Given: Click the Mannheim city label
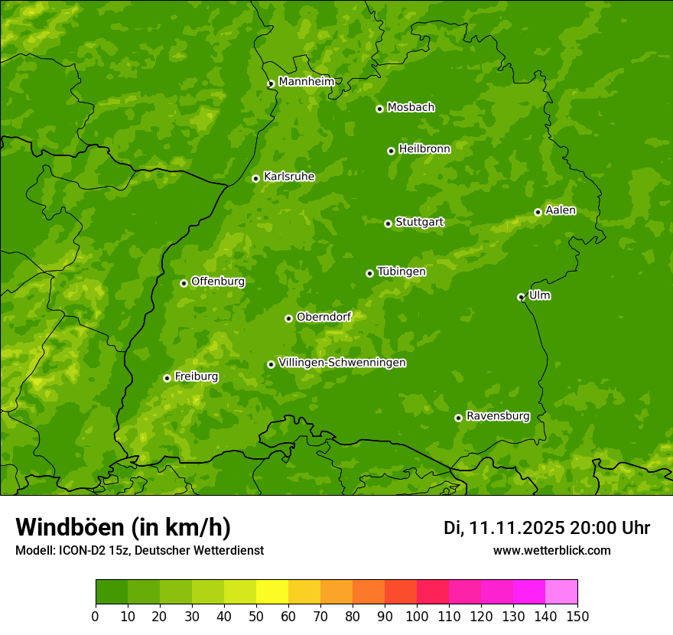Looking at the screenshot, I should click(x=306, y=82).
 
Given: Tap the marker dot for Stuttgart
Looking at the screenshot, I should click(x=388, y=223).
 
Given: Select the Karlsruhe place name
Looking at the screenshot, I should click(x=288, y=177).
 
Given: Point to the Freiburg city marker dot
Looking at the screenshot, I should click(x=167, y=378).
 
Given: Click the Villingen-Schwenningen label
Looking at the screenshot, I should click(x=342, y=363).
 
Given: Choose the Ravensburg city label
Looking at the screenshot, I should click(x=497, y=416).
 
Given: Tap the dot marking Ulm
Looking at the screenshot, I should click(x=521, y=297).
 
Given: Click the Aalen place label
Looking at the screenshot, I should click(x=560, y=210).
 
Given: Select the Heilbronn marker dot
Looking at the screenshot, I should click(x=391, y=151).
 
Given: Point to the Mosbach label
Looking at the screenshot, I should click(x=410, y=107).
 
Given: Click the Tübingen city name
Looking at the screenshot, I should click(x=401, y=272).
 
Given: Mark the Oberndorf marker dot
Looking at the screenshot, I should click(x=288, y=318).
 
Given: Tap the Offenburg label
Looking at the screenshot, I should click(x=217, y=282).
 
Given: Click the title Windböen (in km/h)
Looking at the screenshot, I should click(x=122, y=527).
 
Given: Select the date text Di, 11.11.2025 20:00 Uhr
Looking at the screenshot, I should click(x=546, y=528).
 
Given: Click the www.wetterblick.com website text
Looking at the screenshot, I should click(x=551, y=550).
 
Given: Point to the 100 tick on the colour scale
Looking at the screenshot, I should click(x=417, y=617).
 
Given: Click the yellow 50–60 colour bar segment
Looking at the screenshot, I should click(x=272, y=592).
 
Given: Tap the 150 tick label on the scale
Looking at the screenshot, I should click(x=577, y=617).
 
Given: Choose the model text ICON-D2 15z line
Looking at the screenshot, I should click(x=139, y=550).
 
